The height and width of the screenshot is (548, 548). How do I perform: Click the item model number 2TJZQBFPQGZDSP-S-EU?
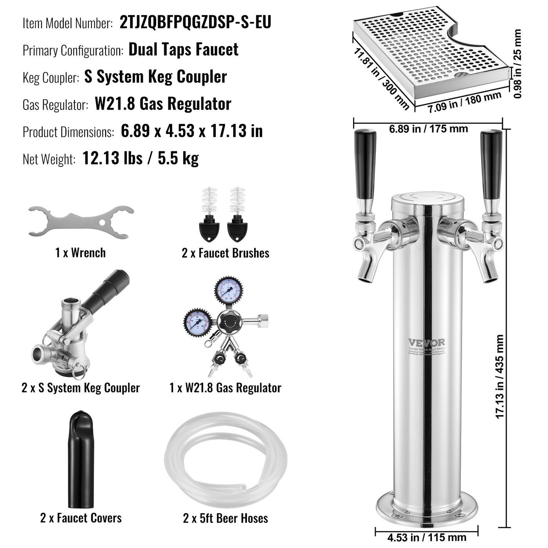pyautogui.click(x=195, y=22)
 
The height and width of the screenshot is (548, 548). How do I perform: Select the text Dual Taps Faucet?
pyautogui.click(x=184, y=50)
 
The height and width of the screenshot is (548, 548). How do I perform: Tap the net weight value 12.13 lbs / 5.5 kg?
pyautogui.click(x=140, y=159)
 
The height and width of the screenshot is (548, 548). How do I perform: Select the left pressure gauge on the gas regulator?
pyautogui.click(x=197, y=323)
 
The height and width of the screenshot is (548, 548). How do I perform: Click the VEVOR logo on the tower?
pyautogui.click(x=426, y=342)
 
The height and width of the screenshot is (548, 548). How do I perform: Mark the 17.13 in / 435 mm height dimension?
pyautogui.click(x=500, y=377)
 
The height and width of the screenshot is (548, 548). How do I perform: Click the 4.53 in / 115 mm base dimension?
pyautogui.click(x=427, y=537)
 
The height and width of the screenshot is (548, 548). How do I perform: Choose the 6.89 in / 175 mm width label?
pyautogui.click(x=428, y=129)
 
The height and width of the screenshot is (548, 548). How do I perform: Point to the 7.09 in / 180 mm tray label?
pyautogui.click(x=465, y=102)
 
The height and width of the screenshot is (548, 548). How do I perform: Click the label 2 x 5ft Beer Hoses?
pyautogui.click(x=225, y=518)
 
